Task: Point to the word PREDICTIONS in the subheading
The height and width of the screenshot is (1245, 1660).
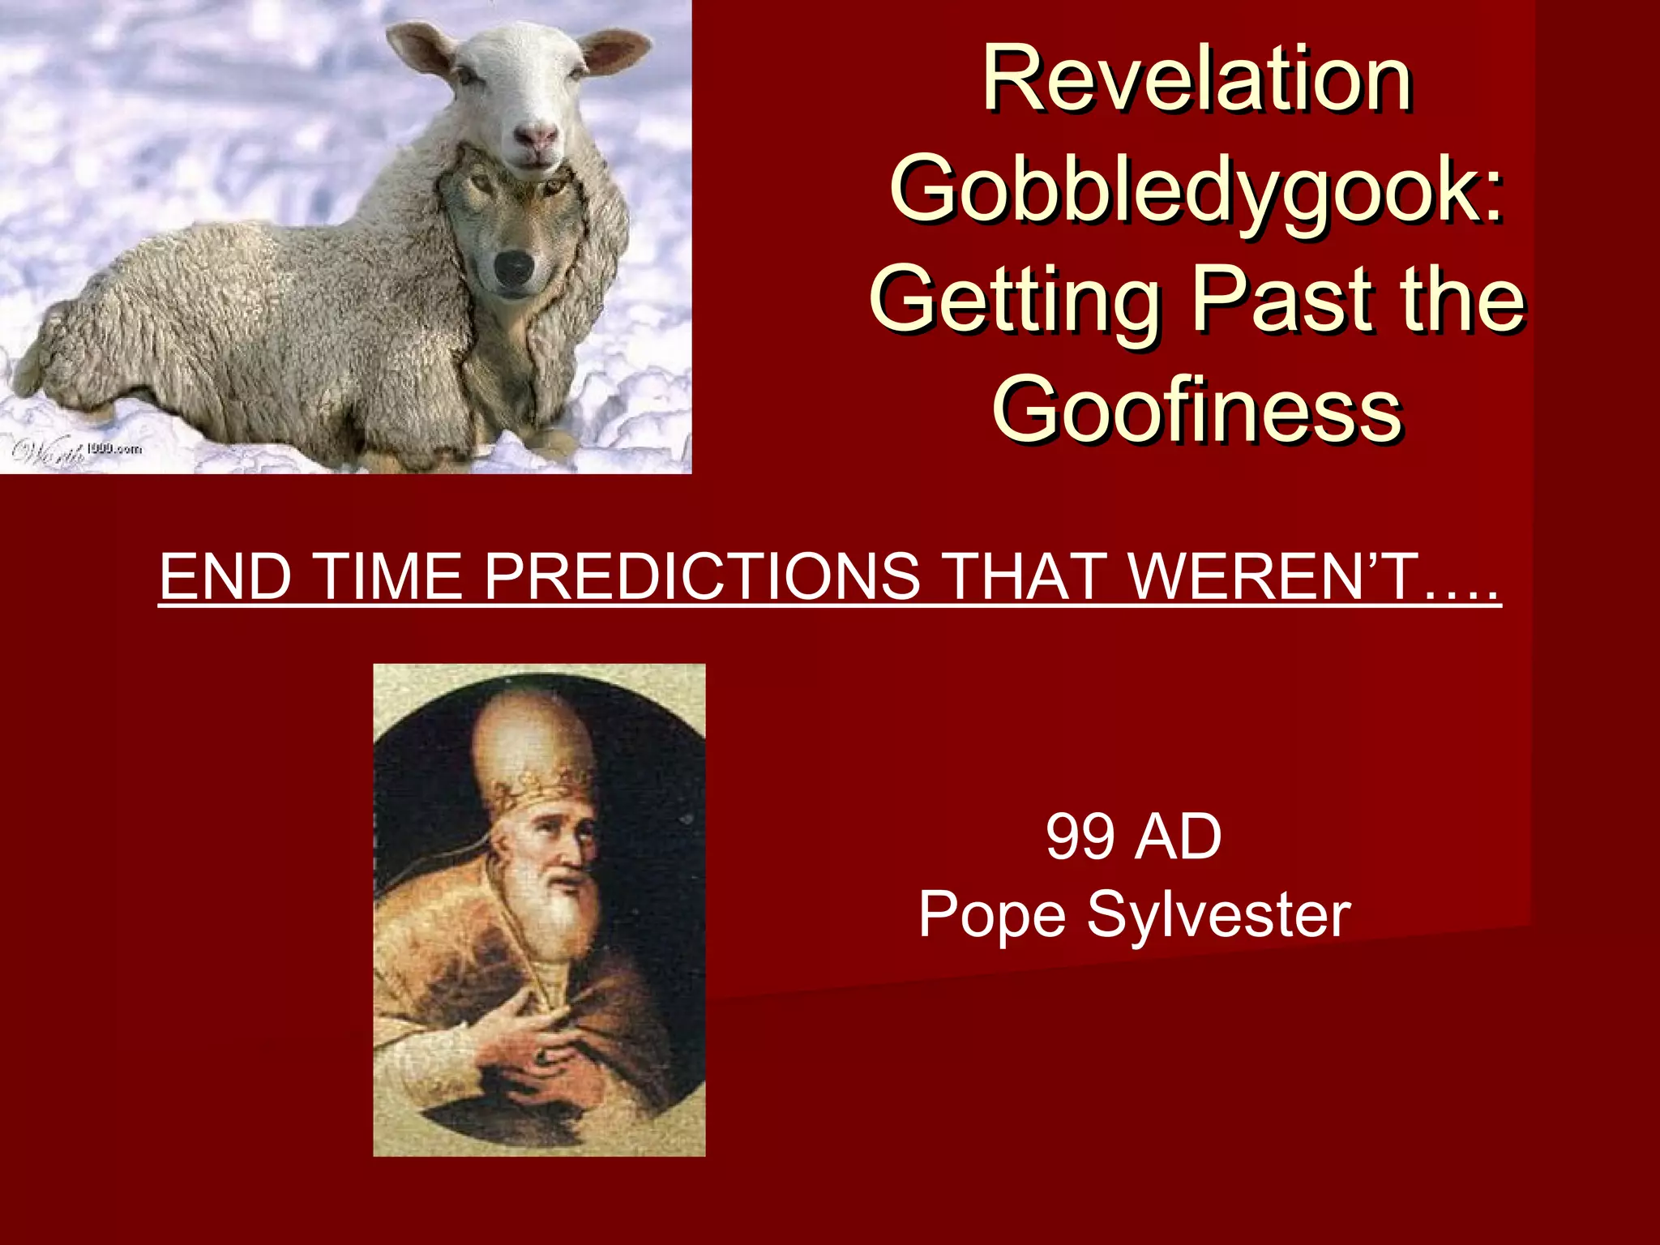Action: pyautogui.click(x=702, y=576)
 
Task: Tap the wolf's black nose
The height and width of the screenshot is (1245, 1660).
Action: pyautogui.click(x=514, y=267)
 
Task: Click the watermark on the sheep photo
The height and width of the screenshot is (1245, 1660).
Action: pyautogui.click(x=77, y=450)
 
